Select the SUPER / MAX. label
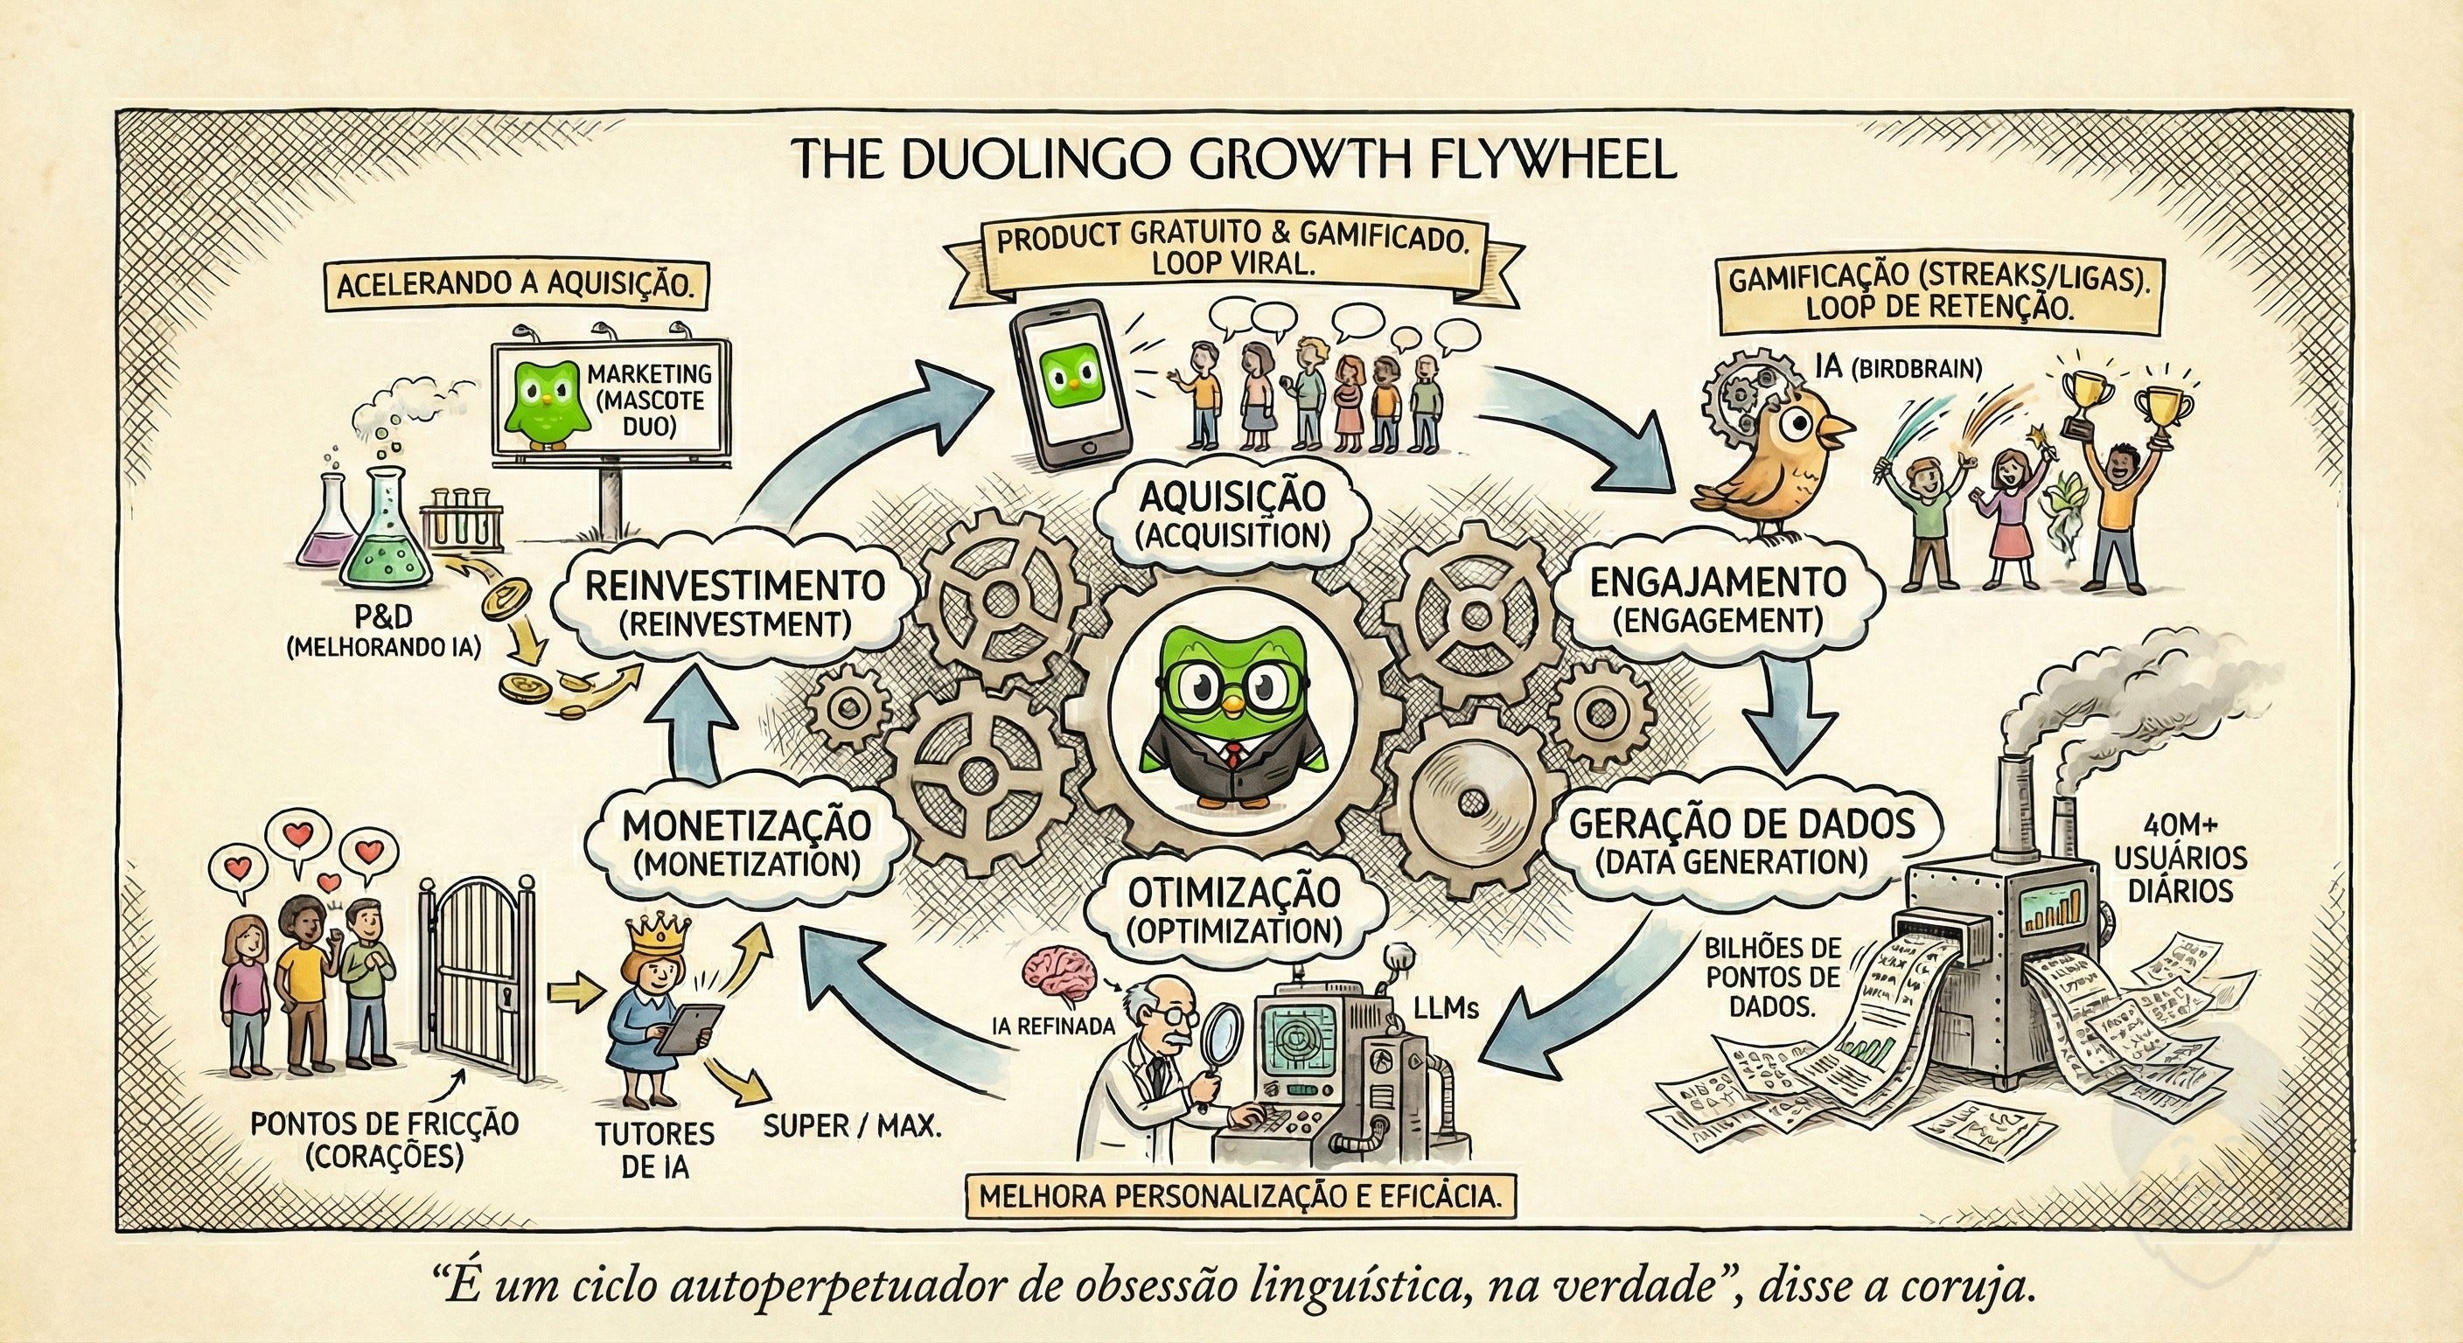click(852, 1127)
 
